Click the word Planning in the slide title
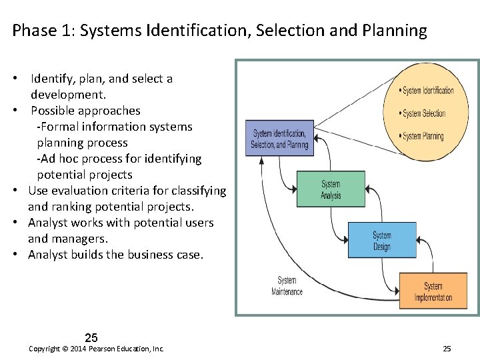(393, 31)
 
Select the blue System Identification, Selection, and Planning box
(279, 139)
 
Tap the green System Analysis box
(330, 189)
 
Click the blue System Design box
(381, 240)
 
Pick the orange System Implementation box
(433, 291)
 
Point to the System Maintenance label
(287, 286)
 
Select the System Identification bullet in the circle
(427, 91)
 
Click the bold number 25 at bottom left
(91, 338)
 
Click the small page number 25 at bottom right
(447, 349)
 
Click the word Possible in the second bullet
(51, 111)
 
